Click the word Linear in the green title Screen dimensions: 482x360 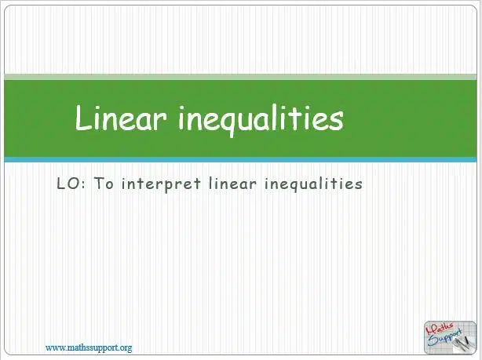tap(122, 118)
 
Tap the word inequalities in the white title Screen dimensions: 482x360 tap(261, 120)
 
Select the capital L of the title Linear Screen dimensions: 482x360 tap(84, 118)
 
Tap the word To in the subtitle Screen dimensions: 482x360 tap(104, 184)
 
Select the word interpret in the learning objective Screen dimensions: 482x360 tap(161, 184)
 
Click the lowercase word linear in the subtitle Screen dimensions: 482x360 tap(232, 184)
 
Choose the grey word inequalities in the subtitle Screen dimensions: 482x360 tap(313, 184)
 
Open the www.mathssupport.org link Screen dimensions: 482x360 tap(89, 348)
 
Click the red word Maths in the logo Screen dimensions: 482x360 tap(440, 329)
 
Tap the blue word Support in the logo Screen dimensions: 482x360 tap(445, 337)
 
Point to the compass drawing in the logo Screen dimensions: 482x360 tap(462, 343)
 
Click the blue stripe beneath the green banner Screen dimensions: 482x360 tap(240, 159)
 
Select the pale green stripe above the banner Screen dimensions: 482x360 tap(240, 77)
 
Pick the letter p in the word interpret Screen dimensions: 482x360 tap(170, 186)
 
